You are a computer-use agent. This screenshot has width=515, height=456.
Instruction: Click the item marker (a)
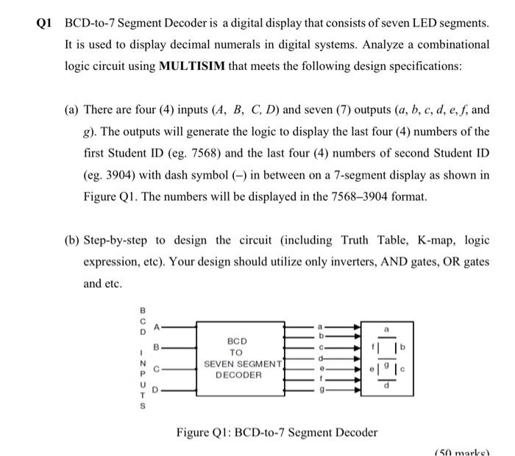click(x=71, y=110)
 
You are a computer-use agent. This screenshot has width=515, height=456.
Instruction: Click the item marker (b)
click(x=71, y=241)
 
